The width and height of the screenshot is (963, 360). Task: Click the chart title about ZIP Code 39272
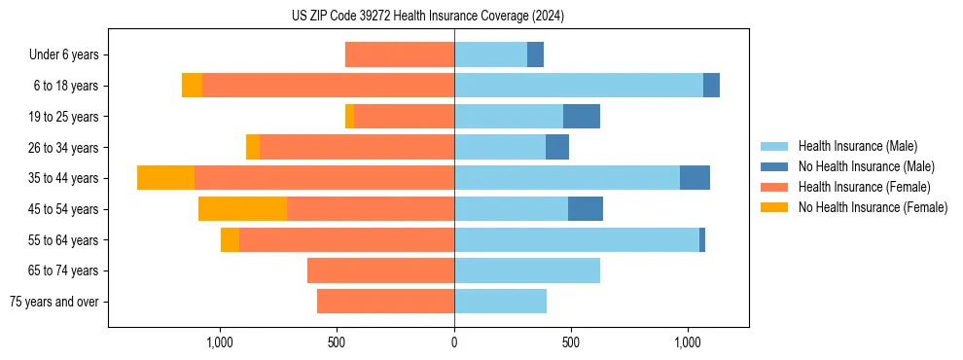coord(428,17)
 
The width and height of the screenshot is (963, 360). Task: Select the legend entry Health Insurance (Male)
coord(857,146)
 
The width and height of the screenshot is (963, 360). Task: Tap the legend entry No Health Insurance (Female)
coord(872,207)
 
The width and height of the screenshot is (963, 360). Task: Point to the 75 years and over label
coord(54,302)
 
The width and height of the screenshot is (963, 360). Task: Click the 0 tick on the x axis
coord(454,342)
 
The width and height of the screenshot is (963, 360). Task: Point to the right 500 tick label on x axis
coord(571,342)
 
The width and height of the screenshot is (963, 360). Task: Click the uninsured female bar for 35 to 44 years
coord(165,178)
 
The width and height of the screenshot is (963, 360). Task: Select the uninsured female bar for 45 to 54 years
coord(242,209)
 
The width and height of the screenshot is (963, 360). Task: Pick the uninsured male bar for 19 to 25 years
coord(582,117)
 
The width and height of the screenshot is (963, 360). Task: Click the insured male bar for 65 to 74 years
coord(527,270)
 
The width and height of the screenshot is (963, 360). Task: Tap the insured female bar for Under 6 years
coord(400,54)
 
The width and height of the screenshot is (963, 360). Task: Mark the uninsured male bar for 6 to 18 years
coord(711,86)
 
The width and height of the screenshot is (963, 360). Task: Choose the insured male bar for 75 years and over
coord(500,302)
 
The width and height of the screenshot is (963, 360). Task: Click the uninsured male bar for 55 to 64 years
coord(702,240)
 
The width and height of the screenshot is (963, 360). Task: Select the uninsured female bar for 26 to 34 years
coord(253,147)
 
